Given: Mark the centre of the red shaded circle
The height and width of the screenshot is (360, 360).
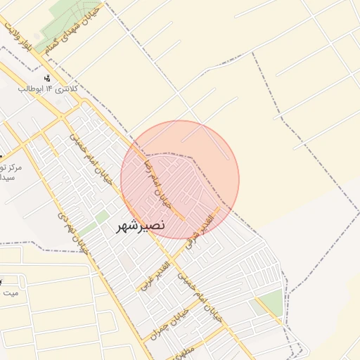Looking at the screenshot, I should click(x=180, y=179).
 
